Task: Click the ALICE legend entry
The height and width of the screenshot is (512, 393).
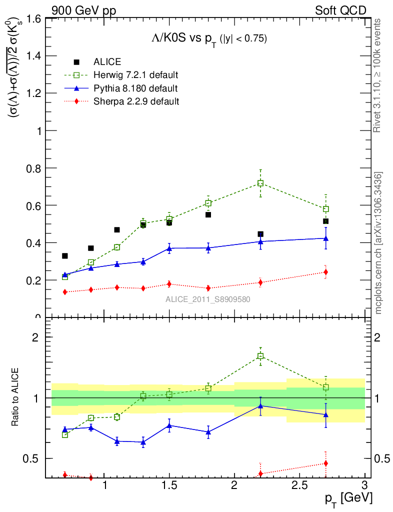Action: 107,62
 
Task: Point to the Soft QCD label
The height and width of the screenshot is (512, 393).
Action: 340,10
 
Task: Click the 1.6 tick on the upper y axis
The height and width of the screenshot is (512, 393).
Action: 34,19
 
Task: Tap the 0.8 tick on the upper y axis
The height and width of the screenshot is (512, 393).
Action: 34,168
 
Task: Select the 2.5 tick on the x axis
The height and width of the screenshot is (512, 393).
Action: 299,485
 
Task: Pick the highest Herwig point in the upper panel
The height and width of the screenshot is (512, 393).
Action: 260,183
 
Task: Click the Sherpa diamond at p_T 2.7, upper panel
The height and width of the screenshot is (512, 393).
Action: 325,272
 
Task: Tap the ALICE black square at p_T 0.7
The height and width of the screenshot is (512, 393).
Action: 64,256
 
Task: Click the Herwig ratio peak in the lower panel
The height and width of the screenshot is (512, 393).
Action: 260,356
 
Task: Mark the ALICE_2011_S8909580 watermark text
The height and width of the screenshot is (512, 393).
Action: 208,299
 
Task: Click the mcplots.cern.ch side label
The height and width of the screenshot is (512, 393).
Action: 378,243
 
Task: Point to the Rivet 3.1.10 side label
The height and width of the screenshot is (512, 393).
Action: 378,75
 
